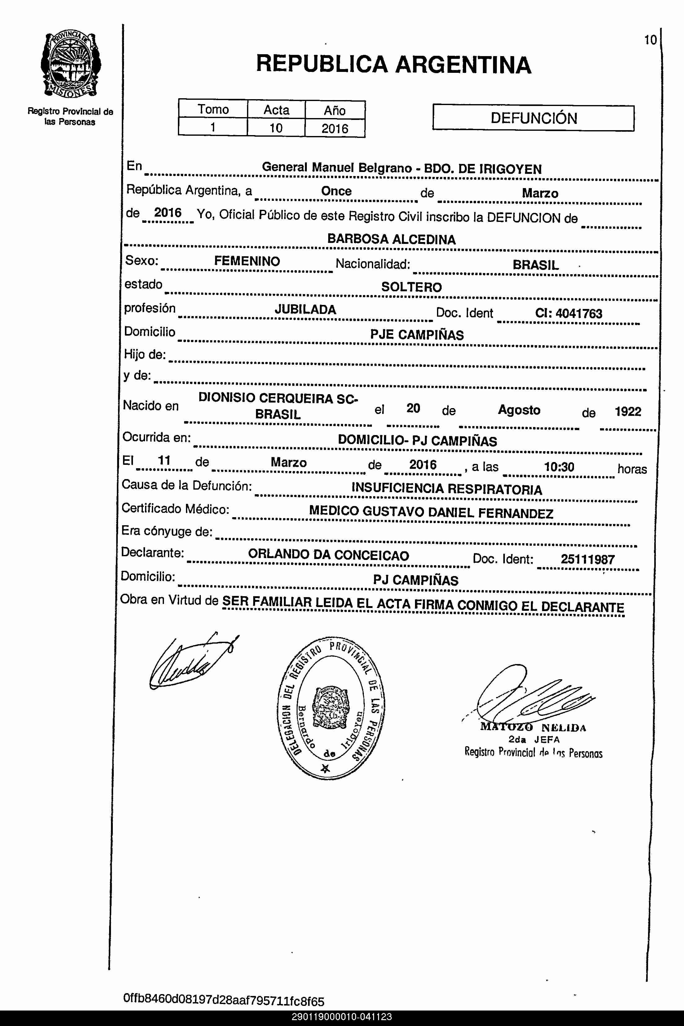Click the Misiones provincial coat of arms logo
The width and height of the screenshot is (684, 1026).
[x=71, y=64]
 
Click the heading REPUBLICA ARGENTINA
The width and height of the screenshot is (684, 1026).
[x=394, y=64]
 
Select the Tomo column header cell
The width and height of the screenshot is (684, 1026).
[x=213, y=109]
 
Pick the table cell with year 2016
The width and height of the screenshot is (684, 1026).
[x=335, y=129]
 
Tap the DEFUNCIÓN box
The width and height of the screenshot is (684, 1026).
[x=533, y=118]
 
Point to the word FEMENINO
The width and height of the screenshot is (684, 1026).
[x=247, y=261]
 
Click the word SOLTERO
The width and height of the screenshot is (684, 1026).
[x=411, y=287]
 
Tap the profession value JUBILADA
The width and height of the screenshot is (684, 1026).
[x=305, y=310]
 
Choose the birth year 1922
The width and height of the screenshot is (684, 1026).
[x=628, y=412]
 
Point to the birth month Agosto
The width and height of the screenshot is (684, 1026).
[x=519, y=410]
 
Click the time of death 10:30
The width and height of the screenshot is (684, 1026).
[x=559, y=467]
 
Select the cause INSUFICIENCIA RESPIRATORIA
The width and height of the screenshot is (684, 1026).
[x=447, y=489]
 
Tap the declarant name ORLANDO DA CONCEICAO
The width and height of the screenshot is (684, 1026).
[x=329, y=555]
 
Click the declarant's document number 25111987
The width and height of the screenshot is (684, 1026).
[x=588, y=559]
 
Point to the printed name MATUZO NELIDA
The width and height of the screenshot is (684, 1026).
[x=533, y=727]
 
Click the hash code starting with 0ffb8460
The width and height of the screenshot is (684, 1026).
[x=224, y=1000]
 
